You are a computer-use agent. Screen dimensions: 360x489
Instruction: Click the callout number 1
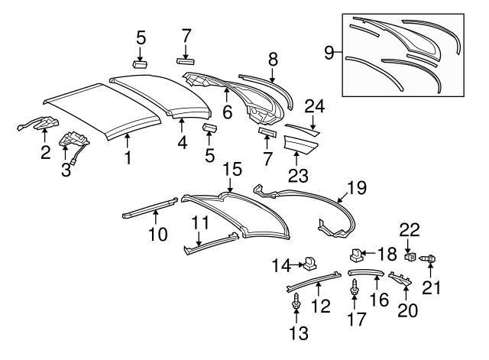(x=128, y=159)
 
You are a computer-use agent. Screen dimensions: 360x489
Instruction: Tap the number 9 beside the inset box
(x=329, y=54)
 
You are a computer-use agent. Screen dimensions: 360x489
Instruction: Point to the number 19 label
(x=358, y=187)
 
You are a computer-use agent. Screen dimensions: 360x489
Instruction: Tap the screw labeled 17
(x=355, y=290)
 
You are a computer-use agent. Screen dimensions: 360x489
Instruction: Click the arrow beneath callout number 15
(x=231, y=183)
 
